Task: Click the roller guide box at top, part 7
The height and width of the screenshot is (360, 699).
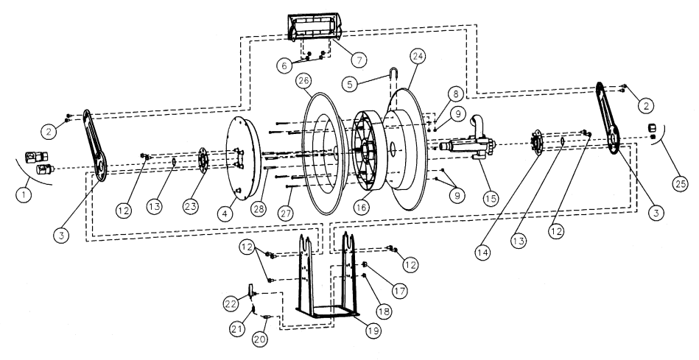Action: point(316,29)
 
